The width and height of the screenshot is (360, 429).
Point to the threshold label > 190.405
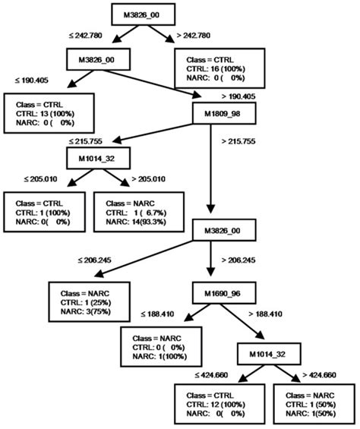241,96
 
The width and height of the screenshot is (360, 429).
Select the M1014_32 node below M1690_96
265,354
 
